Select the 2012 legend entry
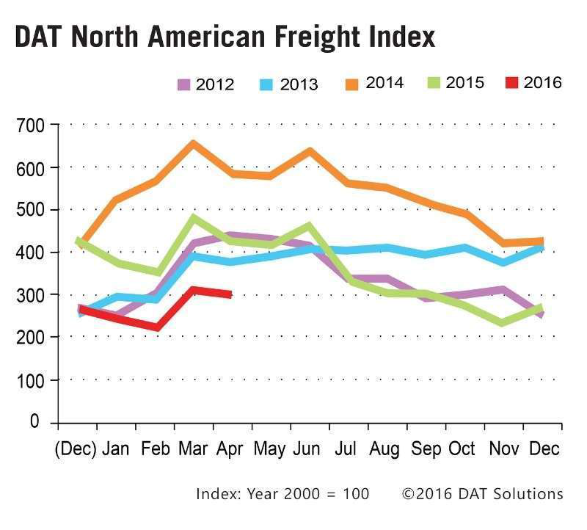coord(205,84)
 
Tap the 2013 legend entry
coord(288,84)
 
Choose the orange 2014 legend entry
coord(373,83)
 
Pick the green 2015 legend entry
coord(454,83)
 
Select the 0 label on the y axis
coord(35,422)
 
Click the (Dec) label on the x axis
coord(76,449)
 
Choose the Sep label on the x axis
coord(426,449)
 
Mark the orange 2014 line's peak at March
coord(193,144)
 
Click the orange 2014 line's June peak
coord(310,151)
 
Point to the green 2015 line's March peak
coord(194,218)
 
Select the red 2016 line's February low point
coord(156,327)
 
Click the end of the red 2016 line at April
coord(230,294)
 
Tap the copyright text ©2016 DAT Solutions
coord(482,493)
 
